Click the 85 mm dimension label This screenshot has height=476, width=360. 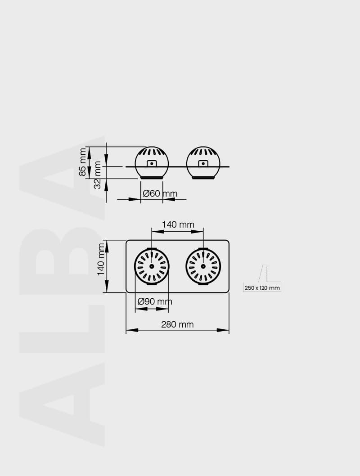(x=82, y=162)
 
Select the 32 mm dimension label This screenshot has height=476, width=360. (x=97, y=175)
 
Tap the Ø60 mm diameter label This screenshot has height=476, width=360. (x=160, y=193)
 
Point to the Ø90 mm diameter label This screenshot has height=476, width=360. (x=155, y=301)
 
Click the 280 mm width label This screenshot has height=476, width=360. (x=177, y=324)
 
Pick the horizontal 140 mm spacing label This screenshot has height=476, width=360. (x=178, y=225)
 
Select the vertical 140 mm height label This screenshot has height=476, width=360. (x=101, y=259)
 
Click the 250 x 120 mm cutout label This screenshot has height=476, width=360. (x=262, y=288)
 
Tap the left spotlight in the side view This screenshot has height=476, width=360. (x=152, y=163)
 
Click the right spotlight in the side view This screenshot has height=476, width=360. (x=203, y=163)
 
